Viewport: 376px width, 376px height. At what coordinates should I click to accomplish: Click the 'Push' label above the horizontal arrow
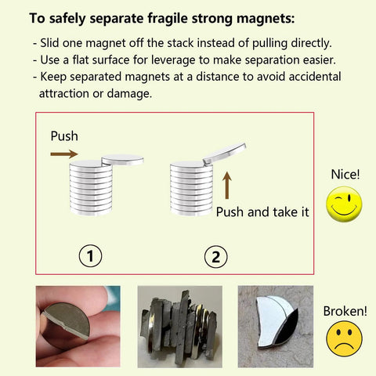(64, 136)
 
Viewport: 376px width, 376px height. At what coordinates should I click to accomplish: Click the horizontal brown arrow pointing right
(64, 154)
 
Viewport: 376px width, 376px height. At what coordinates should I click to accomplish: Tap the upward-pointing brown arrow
(226, 186)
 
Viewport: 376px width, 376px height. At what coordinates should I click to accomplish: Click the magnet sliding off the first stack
(122, 159)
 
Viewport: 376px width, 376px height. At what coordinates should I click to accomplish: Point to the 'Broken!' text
(345, 311)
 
